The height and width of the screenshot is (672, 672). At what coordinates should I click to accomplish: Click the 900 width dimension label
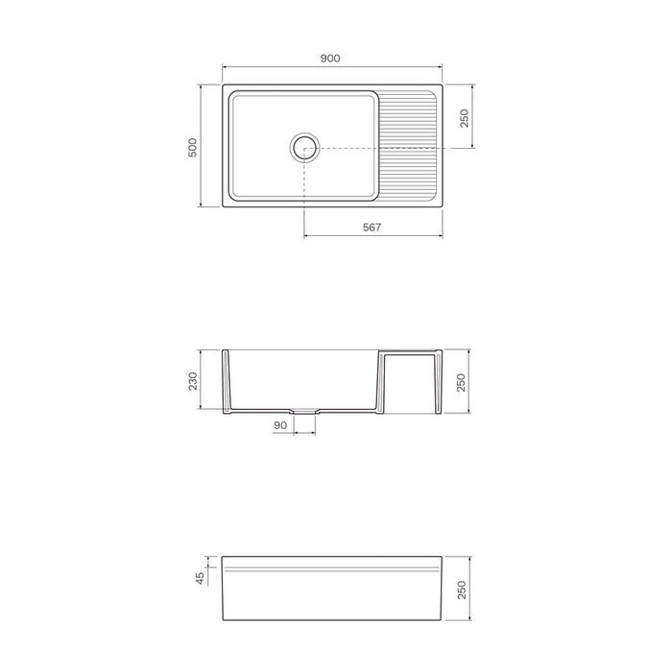[x=330, y=59]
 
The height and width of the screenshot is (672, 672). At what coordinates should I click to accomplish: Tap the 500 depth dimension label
[x=193, y=148]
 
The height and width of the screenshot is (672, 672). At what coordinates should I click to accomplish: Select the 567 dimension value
[x=372, y=228]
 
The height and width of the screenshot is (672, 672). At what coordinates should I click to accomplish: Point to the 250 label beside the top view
[x=464, y=118]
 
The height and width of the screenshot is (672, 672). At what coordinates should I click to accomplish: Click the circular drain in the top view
[x=304, y=148]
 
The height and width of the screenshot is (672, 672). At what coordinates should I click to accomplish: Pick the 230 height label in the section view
[x=193, y=381]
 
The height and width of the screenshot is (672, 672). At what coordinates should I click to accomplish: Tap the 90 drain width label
[x=280, y=425]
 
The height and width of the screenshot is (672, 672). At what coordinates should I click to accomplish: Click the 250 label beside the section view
[x=461, y=382]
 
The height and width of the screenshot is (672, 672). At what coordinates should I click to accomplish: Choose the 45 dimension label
[x=200, y=579]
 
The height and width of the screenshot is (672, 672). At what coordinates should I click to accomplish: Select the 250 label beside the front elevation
[x=462, y=589]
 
